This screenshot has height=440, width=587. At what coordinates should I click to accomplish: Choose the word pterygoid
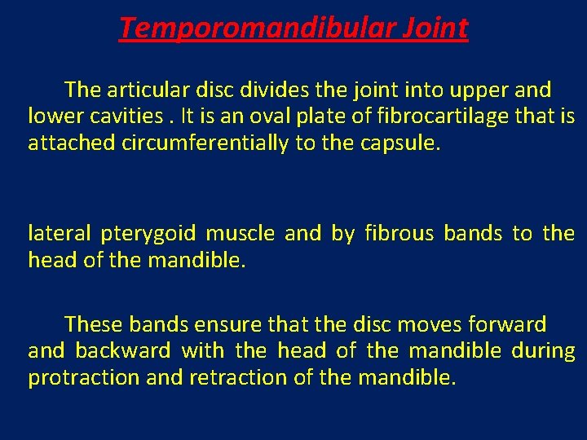click(x=148, y=234)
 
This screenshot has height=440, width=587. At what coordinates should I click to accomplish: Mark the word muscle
click(x=240, y=234)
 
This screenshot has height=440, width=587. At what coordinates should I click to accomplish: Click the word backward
click(x=123, y=351)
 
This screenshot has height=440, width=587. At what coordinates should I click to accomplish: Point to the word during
click(x=543, y=351)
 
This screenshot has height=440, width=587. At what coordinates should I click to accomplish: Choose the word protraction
click(x=82, y=378)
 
